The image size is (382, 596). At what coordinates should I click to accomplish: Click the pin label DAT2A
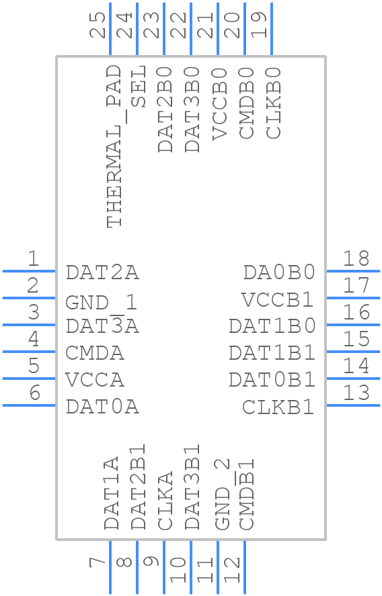coord(102,272)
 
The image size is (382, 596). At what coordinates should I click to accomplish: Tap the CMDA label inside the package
coord(95,353)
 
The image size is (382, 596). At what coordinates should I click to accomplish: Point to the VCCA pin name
coord(95,380)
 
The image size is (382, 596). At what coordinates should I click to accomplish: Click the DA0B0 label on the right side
coord(279,272)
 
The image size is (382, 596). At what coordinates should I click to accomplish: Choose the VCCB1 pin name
coord(278,299)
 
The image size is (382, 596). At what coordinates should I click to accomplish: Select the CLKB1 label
coord(278,407)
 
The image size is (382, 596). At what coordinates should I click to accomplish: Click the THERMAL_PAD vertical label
coord(114,146)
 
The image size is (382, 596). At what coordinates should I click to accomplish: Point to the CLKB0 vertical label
coord(274,103)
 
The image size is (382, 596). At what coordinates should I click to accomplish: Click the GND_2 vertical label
coord(221,495)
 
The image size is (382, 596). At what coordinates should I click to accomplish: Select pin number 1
coord(32,258)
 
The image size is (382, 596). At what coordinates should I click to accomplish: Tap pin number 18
coord(356,258)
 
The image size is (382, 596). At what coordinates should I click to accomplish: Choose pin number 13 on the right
coord(356,393)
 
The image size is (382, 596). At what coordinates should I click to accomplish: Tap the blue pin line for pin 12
coord(245,567)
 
